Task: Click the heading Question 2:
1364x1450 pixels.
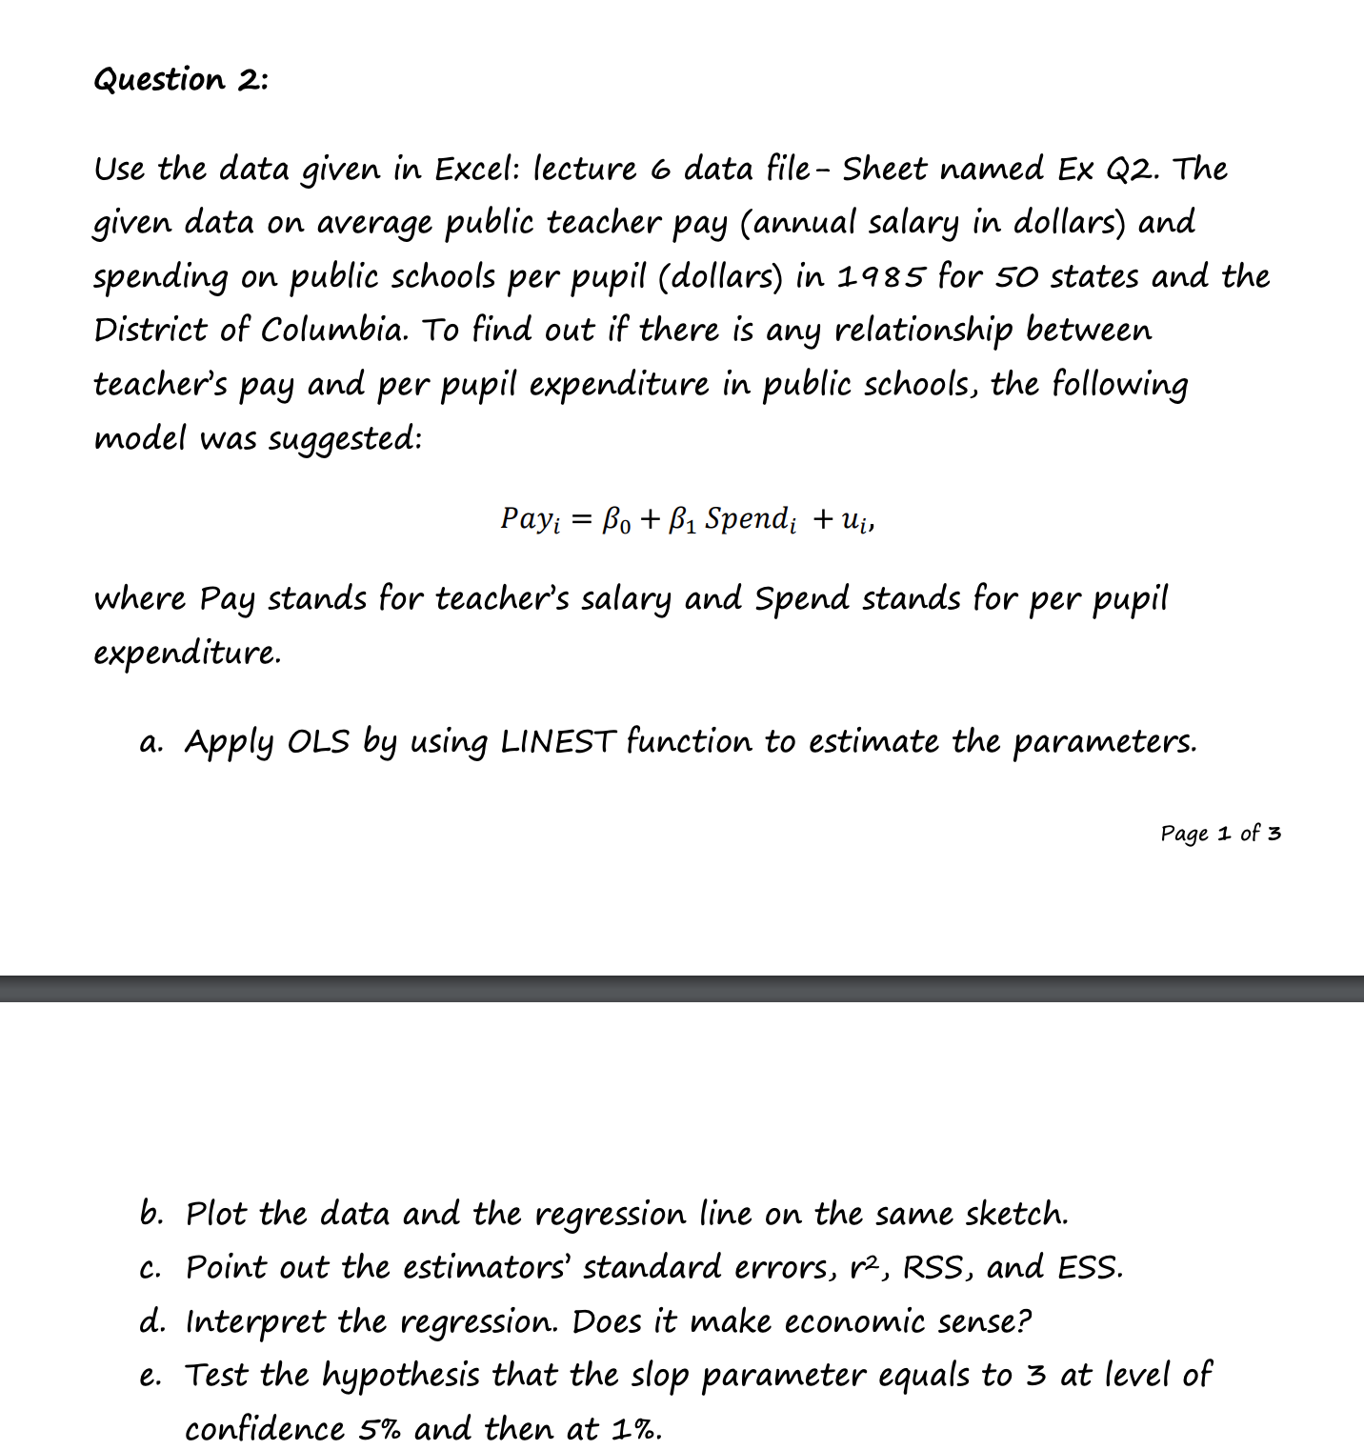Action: coord(181,80)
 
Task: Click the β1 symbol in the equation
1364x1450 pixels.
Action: coord(682,520)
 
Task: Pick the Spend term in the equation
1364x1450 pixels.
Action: coord(748,520)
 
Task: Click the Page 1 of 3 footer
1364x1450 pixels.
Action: coord(1220,834)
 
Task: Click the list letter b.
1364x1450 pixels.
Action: coord(150,1215)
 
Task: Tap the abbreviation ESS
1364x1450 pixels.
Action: coord(1090,1268)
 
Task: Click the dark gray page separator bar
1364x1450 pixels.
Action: coord(682,988)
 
